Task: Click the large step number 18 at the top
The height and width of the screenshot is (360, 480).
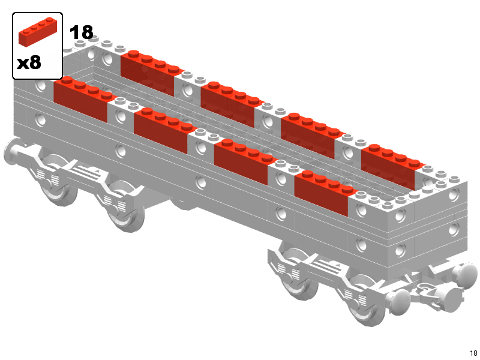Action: pos(82,32)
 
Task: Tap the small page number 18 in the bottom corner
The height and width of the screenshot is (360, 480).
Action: pos(473,353)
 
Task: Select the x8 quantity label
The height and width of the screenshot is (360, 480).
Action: pos(29,62)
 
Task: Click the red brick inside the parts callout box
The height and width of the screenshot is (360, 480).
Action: pos(38,32)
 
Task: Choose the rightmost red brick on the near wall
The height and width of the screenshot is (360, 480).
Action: pos(324,193)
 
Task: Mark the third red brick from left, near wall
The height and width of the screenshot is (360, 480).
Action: pos(244,161)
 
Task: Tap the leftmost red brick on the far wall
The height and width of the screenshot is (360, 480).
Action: pos(150,72)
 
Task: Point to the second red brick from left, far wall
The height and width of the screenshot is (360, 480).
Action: pos(230,104)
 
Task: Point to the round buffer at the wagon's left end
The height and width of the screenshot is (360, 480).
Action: pos(12,152)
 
